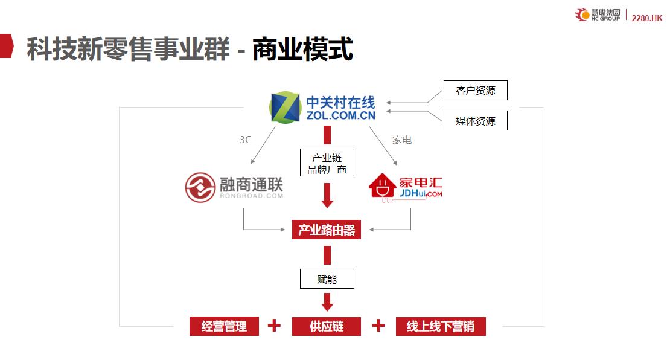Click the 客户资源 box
[475, 91]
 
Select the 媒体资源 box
[475, 121]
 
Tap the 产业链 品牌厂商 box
[327, 163]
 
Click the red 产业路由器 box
[327, 230]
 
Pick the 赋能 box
[327, 279]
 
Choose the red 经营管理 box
[224, 326]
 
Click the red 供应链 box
[327, 326]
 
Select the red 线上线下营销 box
[441, 326]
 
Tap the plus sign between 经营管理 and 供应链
[274, 326]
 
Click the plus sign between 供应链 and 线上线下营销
[378, 326]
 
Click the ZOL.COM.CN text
[341, 115]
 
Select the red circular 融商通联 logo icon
[200, 187]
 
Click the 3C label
[245, 140]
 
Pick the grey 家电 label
[402, 140]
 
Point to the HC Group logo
[598, 15]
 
